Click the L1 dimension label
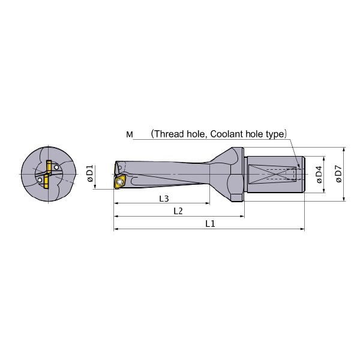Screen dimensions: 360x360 pos(210,223)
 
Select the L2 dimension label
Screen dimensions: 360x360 pos(178,211)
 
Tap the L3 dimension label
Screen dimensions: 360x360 pos(164,199)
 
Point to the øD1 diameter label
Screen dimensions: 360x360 pos(90,173)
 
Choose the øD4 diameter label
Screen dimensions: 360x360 pos(319,174)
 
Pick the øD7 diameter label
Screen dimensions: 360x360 pos(339,173)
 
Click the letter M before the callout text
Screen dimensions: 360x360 pos(130,134)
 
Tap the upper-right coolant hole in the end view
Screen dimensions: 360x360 pos(56,167)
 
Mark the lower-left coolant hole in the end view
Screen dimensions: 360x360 pos(40,180)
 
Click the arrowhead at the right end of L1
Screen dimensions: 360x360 pos(302,229)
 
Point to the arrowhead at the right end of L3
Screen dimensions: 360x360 pos(208,203)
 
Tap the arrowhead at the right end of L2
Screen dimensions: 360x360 pos(242,216)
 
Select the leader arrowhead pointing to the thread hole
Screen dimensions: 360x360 pos(298,166)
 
